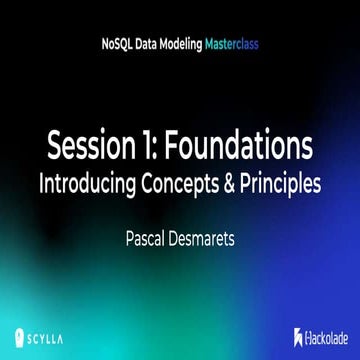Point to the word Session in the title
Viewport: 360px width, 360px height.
(86, 146)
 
